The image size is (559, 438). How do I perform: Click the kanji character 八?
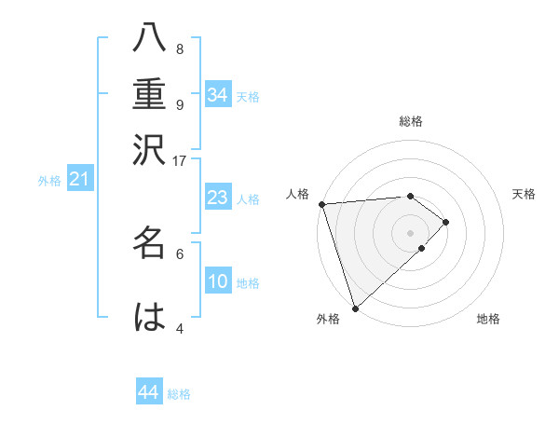pos(150,40)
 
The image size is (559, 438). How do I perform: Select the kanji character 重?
pos(150,95)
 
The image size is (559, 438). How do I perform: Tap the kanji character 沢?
pos(150,151)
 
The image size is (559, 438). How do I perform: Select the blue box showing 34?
pos(217,95)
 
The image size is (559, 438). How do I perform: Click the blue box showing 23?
pos(217,198)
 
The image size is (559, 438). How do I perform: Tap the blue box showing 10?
pos(217,281)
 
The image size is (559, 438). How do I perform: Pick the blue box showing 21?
pos(78,179)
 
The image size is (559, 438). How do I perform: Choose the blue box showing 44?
pos(148,392)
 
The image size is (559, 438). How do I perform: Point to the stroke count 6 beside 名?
pos(180,253)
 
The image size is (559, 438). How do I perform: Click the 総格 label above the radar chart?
pos(411,121)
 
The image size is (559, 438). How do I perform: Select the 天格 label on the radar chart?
pos(524,194)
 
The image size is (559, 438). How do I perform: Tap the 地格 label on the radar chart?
pos(488,319)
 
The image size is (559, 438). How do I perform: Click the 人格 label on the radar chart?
pos(297,194)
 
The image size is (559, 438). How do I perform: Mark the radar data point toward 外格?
pos(355,307)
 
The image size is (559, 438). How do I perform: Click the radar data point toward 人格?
pos(321,203)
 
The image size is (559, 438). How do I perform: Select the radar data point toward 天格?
pos(446,222)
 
